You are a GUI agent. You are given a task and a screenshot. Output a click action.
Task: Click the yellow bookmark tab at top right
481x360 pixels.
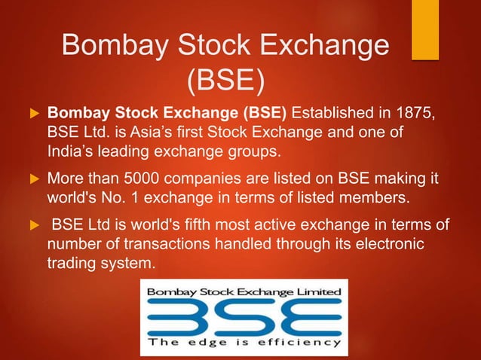point(424,29)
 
